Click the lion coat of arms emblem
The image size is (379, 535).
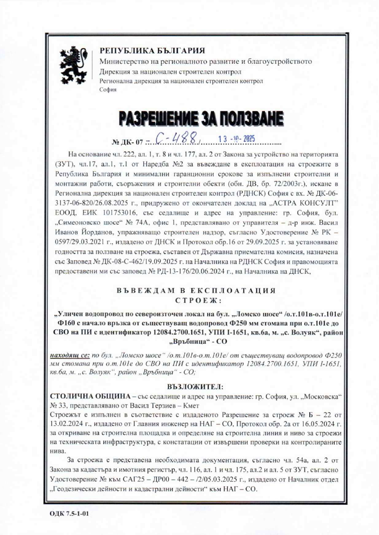coord(73,66)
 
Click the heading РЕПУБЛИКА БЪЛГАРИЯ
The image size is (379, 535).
coord(152,50)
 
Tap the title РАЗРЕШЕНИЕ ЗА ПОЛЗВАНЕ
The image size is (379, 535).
coord(201,119)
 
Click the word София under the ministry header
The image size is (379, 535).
coord(108,90)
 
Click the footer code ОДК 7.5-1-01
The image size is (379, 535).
coord(70,513)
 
